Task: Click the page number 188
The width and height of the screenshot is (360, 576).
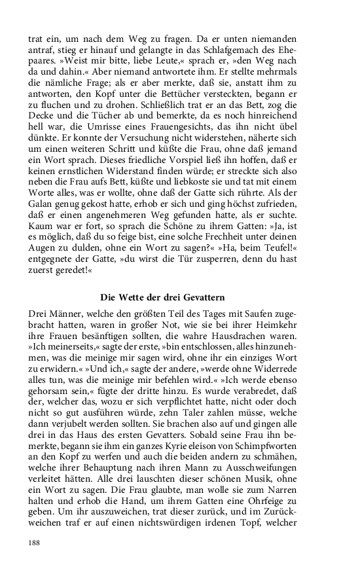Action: pyautogui.click(x=35, y=542)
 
